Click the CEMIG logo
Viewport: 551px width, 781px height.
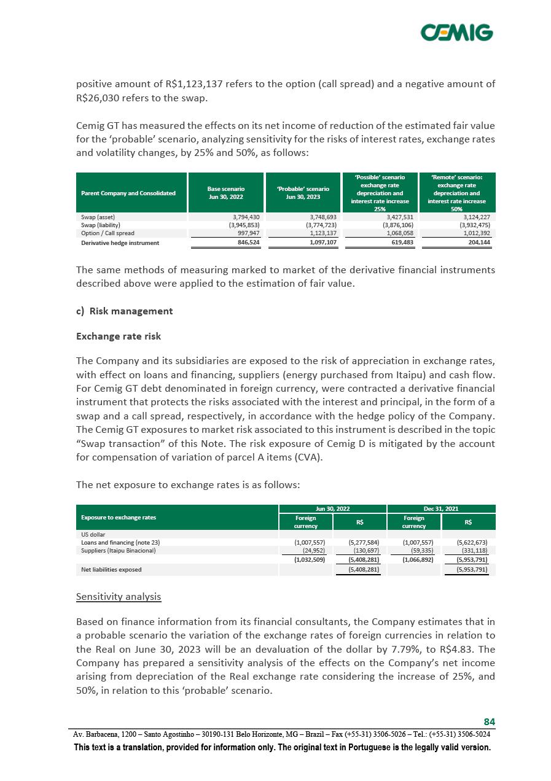(456, 33)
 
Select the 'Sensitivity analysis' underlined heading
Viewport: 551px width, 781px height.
(119, 596)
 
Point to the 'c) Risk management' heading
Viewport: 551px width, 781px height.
(125, 311)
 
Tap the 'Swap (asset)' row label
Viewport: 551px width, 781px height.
(98, 217)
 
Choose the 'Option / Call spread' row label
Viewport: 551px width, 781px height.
(107, 233)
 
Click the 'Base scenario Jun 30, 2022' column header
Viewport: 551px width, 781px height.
(226, 193)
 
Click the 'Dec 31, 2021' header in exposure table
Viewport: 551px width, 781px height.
(441, 508)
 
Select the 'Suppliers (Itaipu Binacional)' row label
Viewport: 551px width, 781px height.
(119, 551)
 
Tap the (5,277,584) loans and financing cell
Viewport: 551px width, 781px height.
(363, 542)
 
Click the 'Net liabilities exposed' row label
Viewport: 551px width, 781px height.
(111, 570)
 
